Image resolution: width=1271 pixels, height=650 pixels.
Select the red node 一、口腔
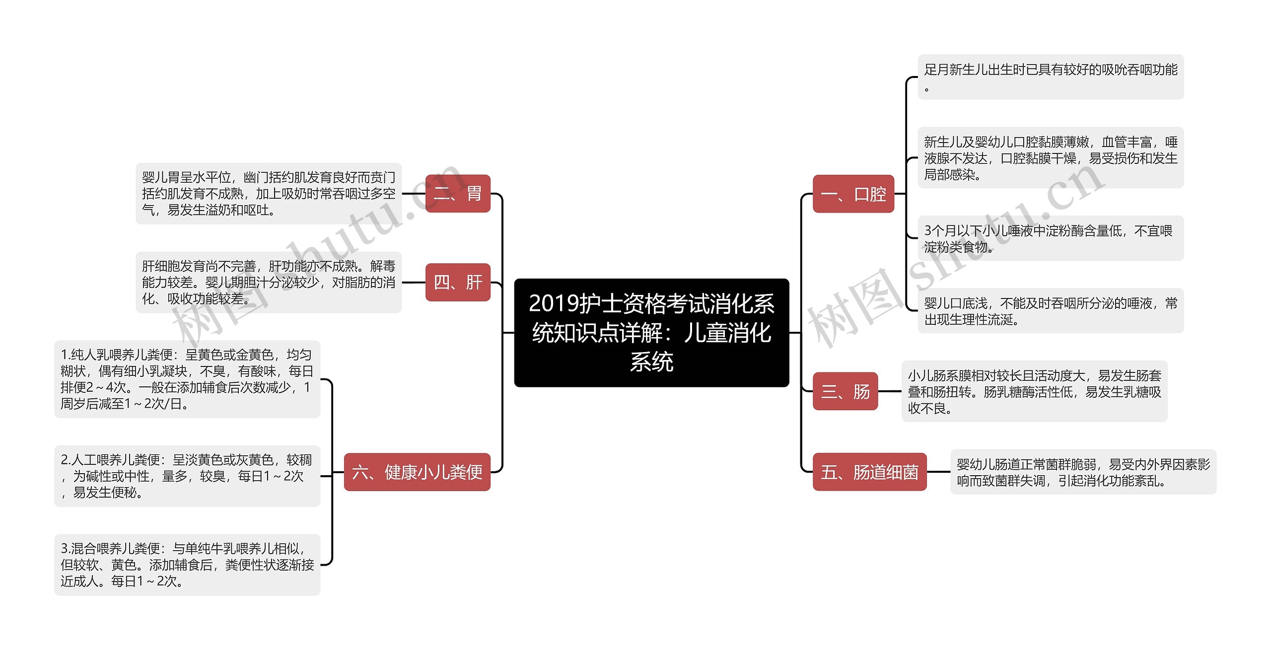click(x=853, y=194)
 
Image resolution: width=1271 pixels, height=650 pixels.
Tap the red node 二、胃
click(x=457, y=194)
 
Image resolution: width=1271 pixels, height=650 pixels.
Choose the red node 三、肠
click(x=845, y=391)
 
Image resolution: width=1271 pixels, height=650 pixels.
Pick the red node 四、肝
click(x=457, y=282)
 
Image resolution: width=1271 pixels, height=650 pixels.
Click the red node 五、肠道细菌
click(x=869, y=472)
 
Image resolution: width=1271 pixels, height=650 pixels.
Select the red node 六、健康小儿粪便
click(x=417, y=472)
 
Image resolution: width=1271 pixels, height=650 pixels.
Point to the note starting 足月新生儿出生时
click(x=1050, y=77)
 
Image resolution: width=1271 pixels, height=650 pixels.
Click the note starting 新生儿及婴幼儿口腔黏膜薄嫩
click(x=1050, y=158)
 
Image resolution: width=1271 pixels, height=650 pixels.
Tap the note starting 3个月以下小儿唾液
click(x=1050, y=238)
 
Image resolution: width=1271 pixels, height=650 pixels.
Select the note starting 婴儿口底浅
click(x=1050, y=311)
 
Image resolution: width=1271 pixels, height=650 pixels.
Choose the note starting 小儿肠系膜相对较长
click(x=1034, y=391)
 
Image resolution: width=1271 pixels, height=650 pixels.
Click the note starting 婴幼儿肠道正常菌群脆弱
click(x=1083, y=472)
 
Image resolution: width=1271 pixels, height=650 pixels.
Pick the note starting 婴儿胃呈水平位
click(x=269, y=194)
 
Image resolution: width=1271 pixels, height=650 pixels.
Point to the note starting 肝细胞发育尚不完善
click(x=269, y=282)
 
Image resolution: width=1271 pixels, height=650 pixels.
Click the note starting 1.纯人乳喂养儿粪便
click(x=187, y=379)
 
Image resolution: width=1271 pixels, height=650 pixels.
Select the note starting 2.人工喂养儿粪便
click(x=187, y=476)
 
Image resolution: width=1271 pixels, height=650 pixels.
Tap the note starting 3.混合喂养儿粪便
click(x=187, y=565)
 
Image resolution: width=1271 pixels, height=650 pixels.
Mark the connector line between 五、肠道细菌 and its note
click(x=938, y=472)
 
